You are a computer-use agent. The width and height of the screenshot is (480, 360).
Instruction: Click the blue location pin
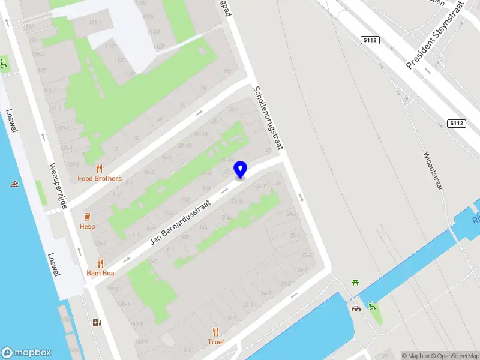241,169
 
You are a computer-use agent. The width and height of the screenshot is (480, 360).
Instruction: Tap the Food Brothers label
100,179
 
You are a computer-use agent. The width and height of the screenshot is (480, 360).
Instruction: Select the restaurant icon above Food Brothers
100,169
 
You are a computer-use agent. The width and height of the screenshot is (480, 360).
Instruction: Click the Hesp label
88,227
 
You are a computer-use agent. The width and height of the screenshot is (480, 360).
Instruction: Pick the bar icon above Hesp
88,217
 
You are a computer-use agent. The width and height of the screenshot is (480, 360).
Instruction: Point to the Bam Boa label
100,273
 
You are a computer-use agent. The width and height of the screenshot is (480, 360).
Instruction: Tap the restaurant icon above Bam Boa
100,263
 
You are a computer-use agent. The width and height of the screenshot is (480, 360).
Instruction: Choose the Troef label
216,342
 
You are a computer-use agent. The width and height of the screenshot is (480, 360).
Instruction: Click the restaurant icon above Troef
216,332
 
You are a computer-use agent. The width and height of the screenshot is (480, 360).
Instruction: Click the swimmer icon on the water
13,184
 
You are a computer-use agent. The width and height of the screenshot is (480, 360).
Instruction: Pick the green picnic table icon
356,282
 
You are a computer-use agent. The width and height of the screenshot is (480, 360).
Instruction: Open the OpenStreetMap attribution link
454,356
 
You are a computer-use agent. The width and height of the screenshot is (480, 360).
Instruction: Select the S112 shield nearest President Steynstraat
370,40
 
